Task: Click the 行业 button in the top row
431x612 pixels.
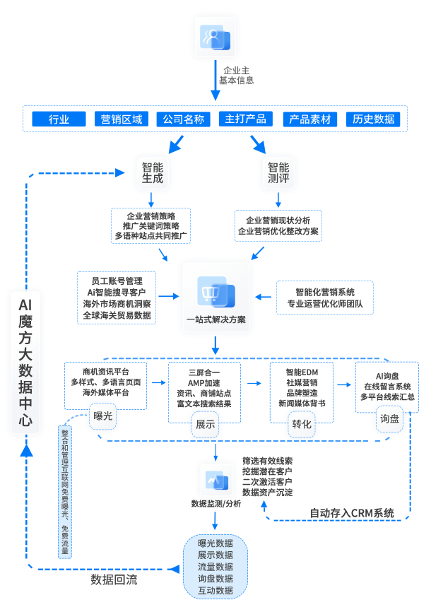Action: (59, 119)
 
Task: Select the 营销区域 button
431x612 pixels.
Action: (122, 119)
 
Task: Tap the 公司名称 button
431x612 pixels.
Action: (184, 119)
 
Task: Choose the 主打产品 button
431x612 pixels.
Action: (246, 119)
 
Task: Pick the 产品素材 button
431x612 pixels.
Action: (310, 119)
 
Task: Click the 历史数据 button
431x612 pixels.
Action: (374, 119)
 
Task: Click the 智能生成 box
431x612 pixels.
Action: (153, 173)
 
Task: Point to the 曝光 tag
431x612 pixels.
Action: (103, 416)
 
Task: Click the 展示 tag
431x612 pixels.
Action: (206, 425)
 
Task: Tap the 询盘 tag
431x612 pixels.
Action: (390, 418)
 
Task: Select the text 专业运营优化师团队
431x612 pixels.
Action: (325, 304)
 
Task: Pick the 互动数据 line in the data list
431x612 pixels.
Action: (215, 590)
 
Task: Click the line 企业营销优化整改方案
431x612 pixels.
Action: (278, 231)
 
